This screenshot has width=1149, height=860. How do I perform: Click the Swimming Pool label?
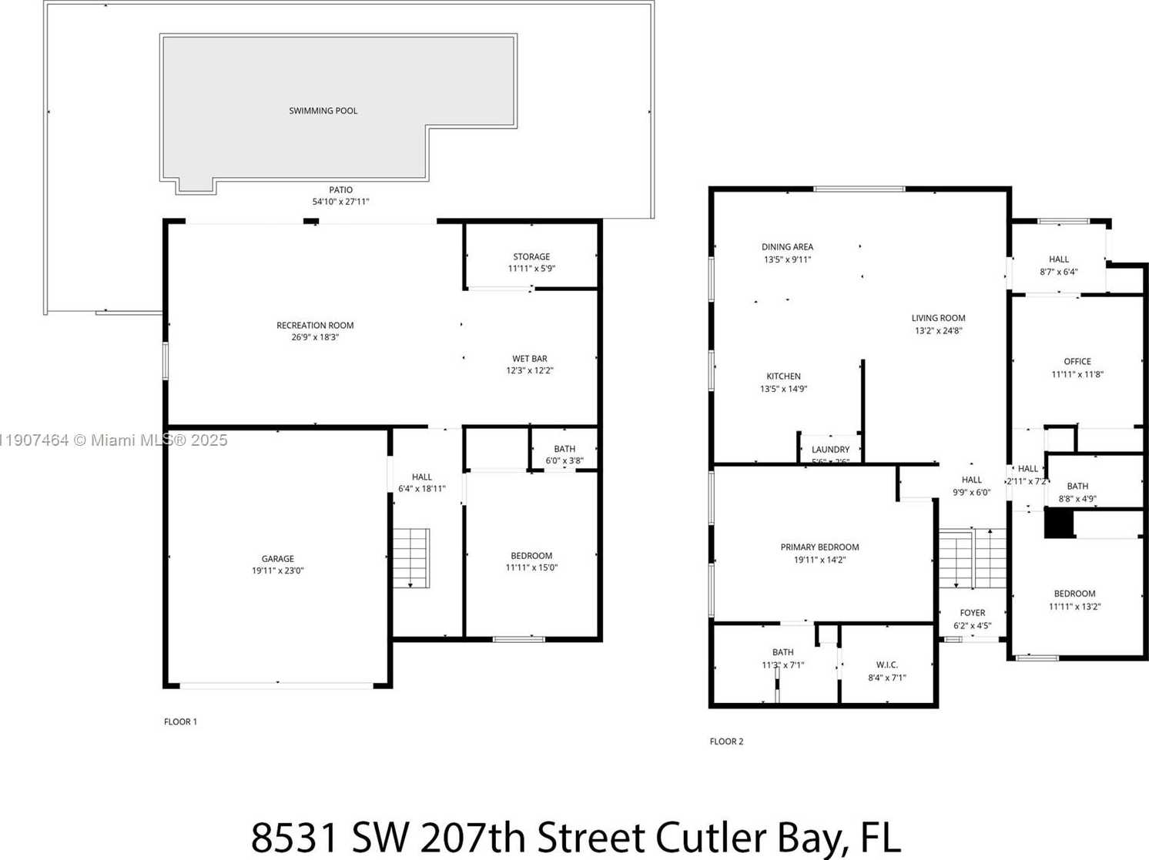click(x=323, y=111)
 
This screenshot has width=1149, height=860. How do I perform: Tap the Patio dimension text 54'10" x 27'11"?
click(x=340, y=202)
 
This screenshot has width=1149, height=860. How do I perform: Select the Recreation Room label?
click(x=315, y=326)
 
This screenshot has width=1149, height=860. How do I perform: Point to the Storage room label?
click(x=531, y=257)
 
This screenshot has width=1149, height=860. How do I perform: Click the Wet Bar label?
click(x=530, y=359)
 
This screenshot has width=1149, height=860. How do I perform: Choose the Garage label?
click(x=277, y=559)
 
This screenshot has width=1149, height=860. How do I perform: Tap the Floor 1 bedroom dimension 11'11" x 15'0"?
click(x=531, y=568)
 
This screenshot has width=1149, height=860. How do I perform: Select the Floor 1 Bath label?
click(x=564, y=449)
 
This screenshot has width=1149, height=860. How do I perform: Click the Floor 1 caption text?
click(x=180, y=722)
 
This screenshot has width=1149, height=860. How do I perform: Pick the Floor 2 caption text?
click(x=726, y=741)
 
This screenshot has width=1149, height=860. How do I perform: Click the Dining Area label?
click(x=787, y=247)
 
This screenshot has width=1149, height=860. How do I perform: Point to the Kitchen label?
click(x=783, y=376)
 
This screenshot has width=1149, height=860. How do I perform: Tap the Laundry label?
click(x=830, y=450)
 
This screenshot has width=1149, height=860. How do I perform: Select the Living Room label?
click(x=938, y=318)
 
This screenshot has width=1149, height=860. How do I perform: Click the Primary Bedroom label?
click(x=819, y=547)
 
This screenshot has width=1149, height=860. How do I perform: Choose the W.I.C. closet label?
click(x=886, y=665)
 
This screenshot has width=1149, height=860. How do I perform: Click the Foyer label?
click(x=972, y=613)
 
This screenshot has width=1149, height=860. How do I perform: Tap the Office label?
click(x=1077, y=362)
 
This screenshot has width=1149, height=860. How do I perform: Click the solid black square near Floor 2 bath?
click(x=1059, y=524)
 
